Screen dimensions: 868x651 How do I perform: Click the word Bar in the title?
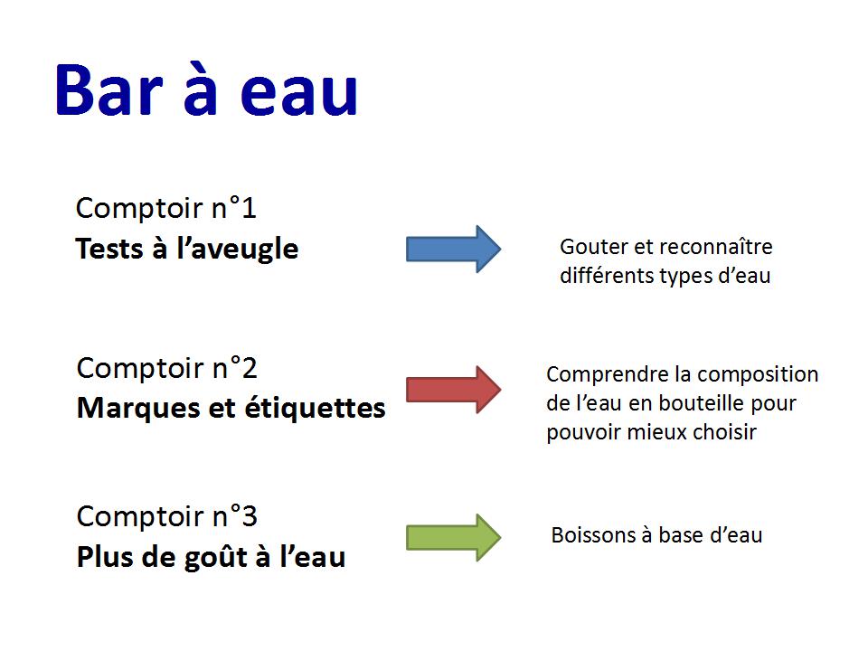click(109, 90)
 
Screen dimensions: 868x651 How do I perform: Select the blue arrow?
click(453, 249)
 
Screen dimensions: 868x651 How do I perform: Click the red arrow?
click(453, 389)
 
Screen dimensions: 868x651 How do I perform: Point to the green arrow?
click(453, 537)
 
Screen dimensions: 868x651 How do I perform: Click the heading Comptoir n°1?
click(166, 208)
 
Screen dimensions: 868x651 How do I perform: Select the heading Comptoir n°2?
click(166, 368)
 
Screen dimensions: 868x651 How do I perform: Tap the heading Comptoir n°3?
click(166, 516)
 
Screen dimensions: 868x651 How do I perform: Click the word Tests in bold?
click(109, 249)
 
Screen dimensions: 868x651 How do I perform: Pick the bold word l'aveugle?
click(238, 250)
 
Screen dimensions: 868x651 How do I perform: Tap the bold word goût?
click(215, 558)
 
